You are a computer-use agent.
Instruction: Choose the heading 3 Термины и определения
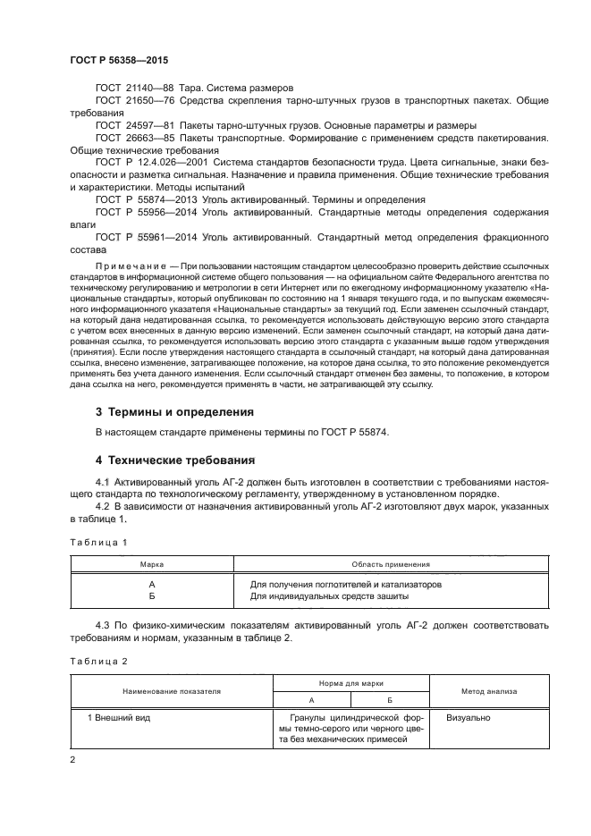click(174, 412)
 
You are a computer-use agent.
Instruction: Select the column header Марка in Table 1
click(151, 565)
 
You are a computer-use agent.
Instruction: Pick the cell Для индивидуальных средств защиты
click(329, 595)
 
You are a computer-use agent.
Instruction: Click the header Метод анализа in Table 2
click(488, 691)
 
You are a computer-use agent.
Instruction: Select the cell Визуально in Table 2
click(468, 717)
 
